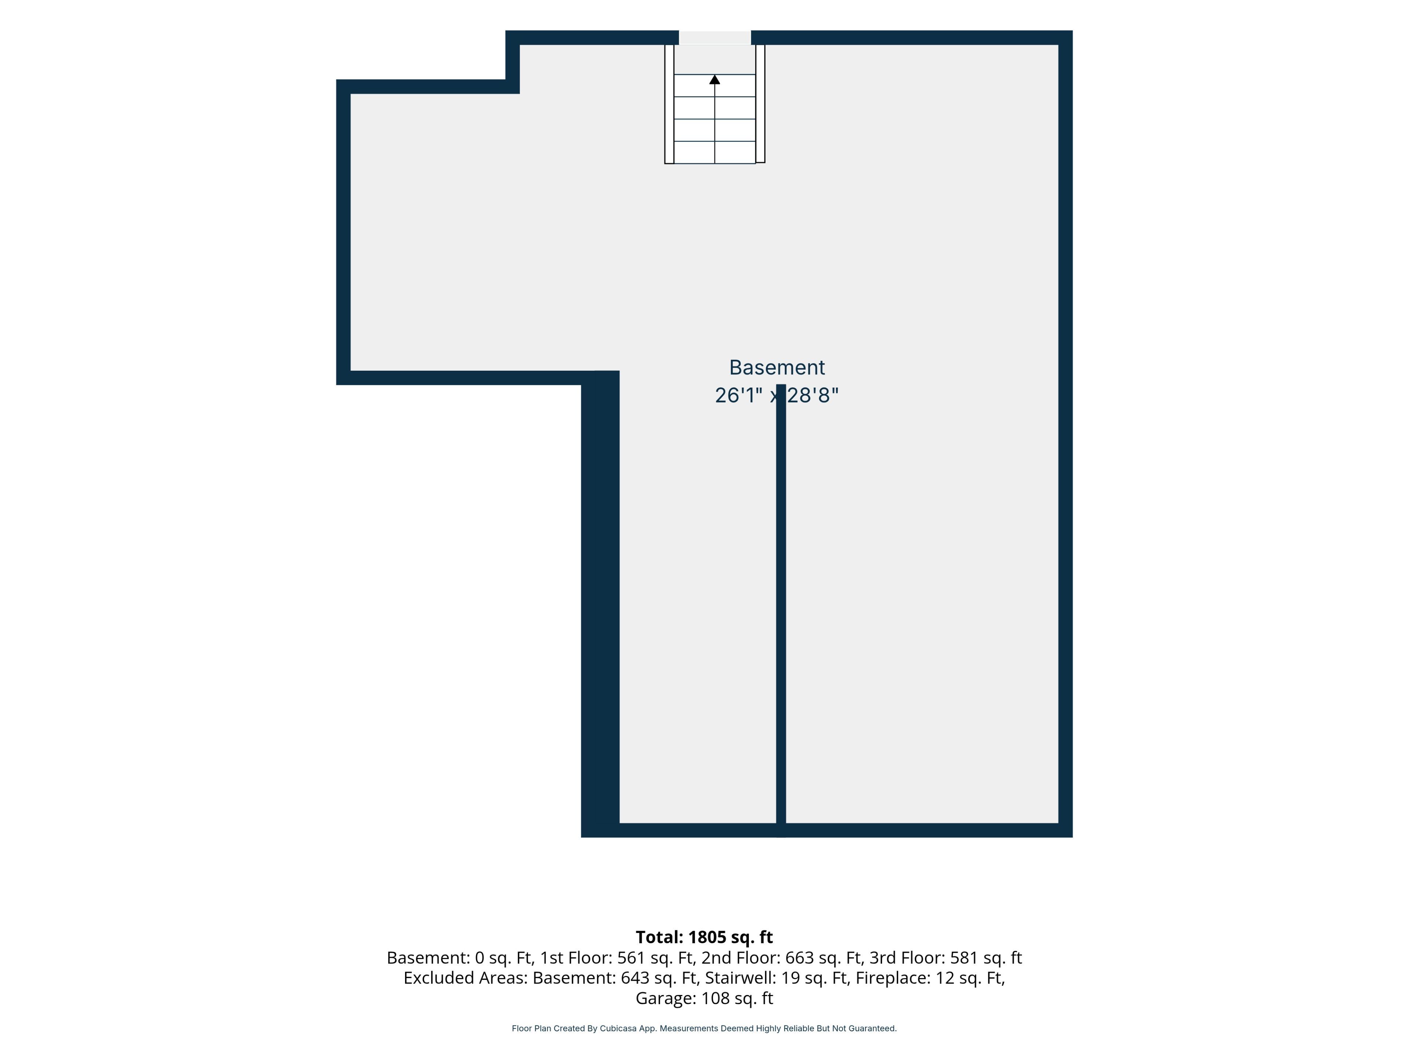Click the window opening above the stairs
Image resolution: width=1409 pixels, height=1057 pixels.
715,37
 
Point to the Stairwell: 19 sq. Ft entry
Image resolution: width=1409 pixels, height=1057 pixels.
777,978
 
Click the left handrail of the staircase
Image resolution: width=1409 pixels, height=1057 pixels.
669,104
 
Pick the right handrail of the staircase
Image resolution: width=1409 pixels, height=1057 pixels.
760,104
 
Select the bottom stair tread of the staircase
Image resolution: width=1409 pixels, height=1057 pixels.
715,152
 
